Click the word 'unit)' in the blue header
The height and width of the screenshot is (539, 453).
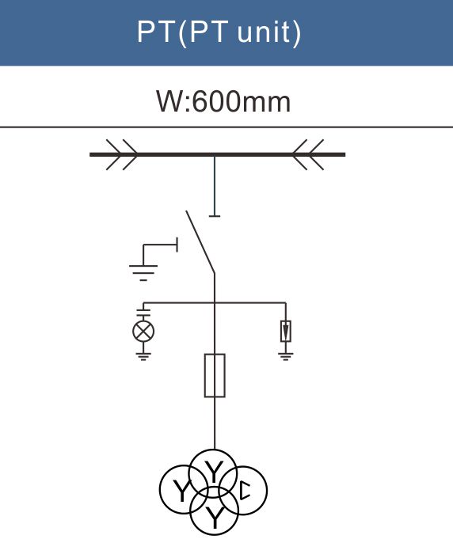(x=269, y=32)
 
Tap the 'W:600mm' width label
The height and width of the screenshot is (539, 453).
(x=223, y=101)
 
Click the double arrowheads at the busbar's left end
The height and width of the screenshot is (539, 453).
(x=122, y=154)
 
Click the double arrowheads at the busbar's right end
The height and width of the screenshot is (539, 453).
(x=308, y=154)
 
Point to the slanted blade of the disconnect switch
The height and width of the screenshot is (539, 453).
(x=200, y=242)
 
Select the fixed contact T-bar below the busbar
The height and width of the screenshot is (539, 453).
(x=215, y=216)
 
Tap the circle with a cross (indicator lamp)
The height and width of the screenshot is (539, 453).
(x=143, y=331)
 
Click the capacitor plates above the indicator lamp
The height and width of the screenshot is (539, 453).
(x=143, y=313)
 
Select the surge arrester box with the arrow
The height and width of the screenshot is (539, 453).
(x=285, y=331)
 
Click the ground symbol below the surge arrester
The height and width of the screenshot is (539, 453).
(x=285, y=356)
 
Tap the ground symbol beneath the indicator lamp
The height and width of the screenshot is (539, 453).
(x=143, y=356)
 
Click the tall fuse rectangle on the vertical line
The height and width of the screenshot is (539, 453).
(x=215, y=375)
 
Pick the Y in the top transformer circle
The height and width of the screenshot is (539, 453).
(x=214, y=473)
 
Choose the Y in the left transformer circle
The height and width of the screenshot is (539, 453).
(x=181, y=492)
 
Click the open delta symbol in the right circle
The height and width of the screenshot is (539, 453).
(x=245, y=491)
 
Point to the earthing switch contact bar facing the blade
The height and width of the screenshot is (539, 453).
(x=177, y=245)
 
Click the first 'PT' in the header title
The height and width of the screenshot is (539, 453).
(x=155, y=32)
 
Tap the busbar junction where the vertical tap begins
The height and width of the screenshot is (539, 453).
(x=215, y=155)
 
